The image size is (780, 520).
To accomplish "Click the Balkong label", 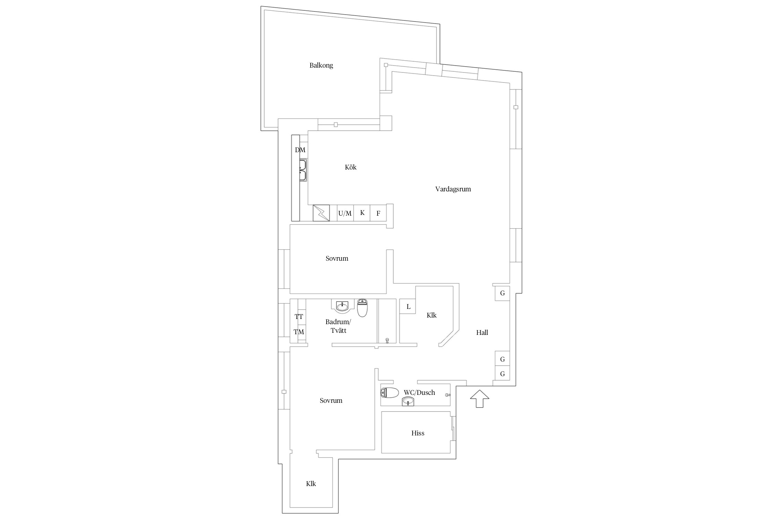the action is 321,66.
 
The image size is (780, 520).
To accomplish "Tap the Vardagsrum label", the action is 453,189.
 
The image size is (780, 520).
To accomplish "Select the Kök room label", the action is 350,167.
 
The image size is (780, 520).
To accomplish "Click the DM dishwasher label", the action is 300,150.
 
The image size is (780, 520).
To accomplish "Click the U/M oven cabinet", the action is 345,213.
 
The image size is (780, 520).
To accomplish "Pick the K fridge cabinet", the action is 362,213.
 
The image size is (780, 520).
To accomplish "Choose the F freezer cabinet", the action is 378,213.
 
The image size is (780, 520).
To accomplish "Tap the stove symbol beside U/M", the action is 321,213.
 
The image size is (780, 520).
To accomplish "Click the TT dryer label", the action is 299,317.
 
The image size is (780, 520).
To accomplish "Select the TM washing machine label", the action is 299,332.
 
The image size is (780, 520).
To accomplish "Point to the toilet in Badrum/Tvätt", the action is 362,308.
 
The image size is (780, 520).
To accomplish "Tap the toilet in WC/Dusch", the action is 389,393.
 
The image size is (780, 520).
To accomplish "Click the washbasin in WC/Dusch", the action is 408,401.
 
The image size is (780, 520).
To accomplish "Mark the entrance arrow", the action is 479,399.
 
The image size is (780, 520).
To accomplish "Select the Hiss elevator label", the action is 418,433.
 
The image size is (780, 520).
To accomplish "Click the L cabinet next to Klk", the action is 408,306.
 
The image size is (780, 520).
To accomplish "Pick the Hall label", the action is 482,333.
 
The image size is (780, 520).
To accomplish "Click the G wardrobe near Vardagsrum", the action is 502,293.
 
